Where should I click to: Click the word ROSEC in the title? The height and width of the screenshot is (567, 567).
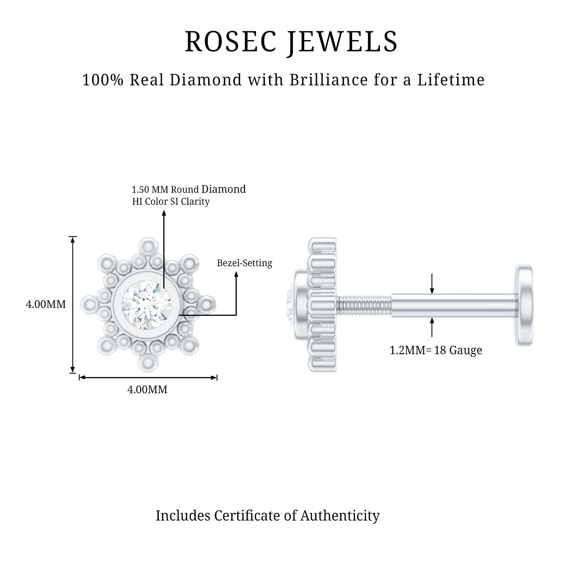click(231, 42)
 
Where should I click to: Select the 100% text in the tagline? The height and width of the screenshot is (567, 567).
click(103, 80)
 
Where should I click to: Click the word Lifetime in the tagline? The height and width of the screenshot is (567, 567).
click(451, 80)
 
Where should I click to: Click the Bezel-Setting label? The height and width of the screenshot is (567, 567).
click(244, 263)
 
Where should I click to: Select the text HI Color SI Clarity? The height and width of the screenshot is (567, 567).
click(171, 202)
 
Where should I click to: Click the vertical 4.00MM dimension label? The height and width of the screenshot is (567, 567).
click(46, 304)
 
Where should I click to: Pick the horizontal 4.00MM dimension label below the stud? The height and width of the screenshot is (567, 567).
click(147, 390)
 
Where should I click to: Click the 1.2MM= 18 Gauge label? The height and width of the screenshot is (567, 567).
click(435, 350)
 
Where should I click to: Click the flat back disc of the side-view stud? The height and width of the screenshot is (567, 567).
click(524, 305)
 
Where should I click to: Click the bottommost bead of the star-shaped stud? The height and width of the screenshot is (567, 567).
click(149, 363)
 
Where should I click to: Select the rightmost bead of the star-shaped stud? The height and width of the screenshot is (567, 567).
click(208, 304)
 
